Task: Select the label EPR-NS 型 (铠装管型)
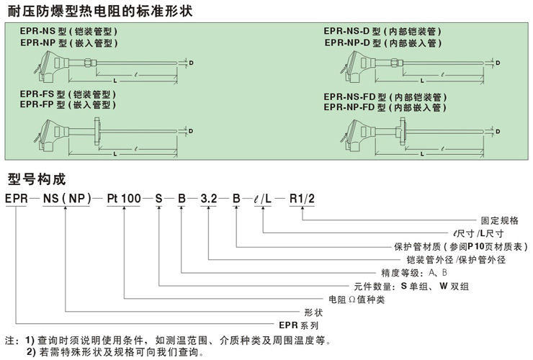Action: coord(68,32)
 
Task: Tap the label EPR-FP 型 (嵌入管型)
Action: coord(68,105)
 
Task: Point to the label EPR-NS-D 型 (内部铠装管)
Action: coord(382,32)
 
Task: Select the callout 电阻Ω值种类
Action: coord(357,299)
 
